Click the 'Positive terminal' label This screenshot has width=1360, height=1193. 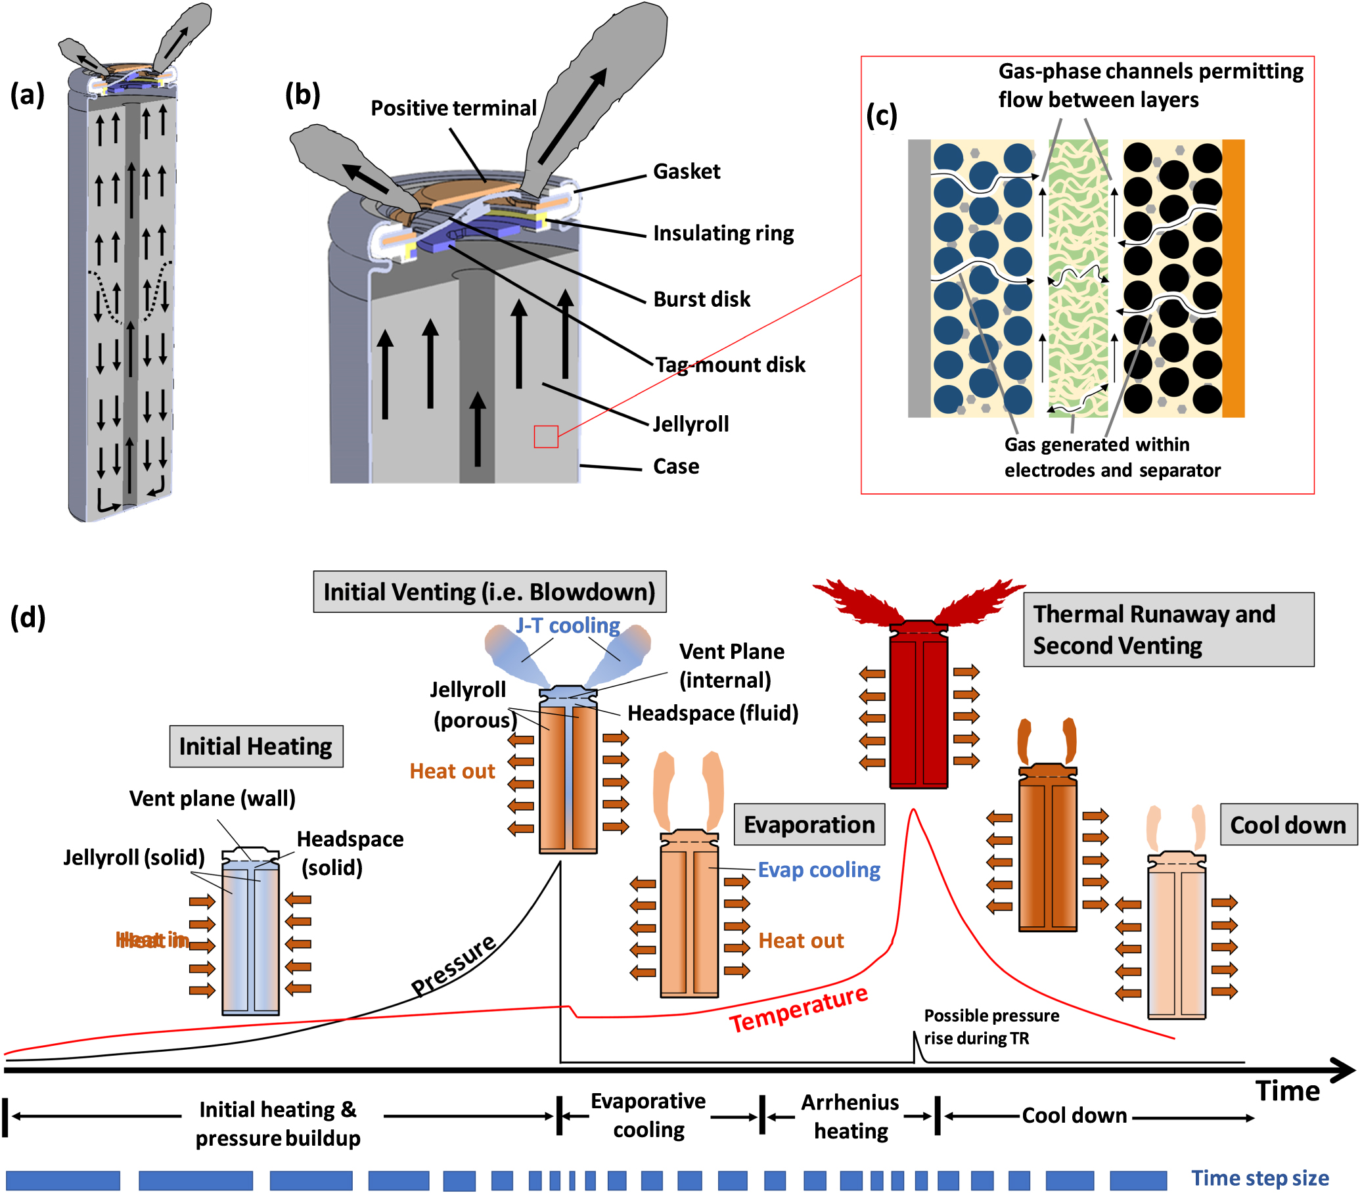tap(453, 108)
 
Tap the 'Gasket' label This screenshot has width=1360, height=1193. tap(686, 171)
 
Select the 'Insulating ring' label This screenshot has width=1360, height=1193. tap(723, 234)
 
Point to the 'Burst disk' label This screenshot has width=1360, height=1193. tap(701, 300)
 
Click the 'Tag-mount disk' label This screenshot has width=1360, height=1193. tap(730, 365)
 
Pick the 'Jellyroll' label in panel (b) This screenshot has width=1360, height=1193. tap(691, 424)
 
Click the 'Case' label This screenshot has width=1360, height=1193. tap(676, 466)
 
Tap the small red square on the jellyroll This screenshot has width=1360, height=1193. tap(545, 436)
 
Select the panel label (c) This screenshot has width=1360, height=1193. tap(881, 116)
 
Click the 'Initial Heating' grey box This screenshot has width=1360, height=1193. tap(256, 746)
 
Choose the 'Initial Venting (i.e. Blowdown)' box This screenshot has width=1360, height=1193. tap(489, 591)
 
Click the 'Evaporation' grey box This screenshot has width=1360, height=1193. tap(809, 825)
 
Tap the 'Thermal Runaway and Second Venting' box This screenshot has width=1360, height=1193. tap(1167, 629)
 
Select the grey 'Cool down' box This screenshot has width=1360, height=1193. tap(1288, 825)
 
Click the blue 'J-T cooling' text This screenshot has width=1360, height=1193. tap(568, 625)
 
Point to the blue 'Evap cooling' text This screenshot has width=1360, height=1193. tap(819, 870)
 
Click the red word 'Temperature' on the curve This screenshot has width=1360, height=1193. tap(798, 1008)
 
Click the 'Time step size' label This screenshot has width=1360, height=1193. tap(1259, 1178)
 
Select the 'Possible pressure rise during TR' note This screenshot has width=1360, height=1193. tap(991, 1027)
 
